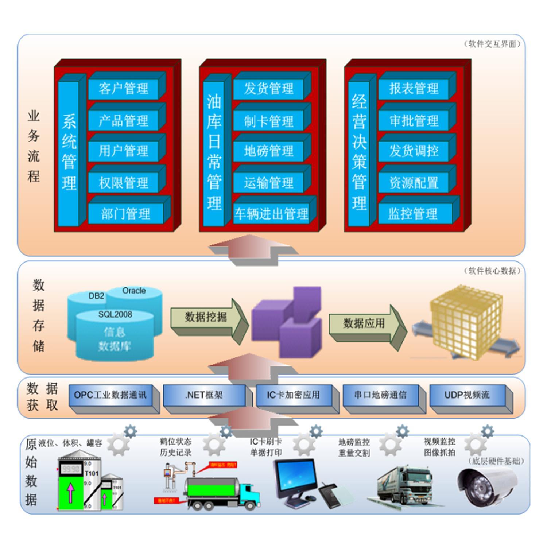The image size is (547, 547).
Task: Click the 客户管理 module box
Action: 123,89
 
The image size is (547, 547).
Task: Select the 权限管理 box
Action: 123,182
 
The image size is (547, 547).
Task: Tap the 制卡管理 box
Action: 268,121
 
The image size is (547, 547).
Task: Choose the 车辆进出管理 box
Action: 271,214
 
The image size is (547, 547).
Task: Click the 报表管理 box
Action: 414,89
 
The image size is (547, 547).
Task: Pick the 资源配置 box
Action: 414,182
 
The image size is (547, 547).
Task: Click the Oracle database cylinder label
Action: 134,291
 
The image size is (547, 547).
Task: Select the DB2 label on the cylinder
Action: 96,296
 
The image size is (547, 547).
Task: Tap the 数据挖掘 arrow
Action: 206,317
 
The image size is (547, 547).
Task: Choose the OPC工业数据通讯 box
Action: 110,395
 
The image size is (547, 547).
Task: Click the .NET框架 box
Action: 204,395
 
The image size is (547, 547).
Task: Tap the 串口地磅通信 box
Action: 380,395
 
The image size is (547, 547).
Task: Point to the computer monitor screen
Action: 295,476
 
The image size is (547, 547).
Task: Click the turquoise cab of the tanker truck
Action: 249,492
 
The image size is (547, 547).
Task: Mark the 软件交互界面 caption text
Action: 492,44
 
